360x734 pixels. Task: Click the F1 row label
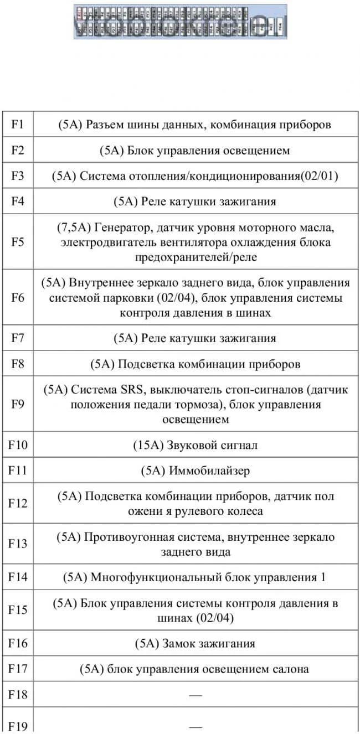click(x=17, y=125)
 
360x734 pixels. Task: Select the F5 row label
click(x=17, y=242)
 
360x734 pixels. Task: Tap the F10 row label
click(x=17, y=445)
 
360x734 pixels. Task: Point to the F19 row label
click(x=17, y=726)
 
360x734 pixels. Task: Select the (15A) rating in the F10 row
click(x=146, y=445)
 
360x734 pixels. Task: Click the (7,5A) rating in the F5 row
click(x=74, y=228)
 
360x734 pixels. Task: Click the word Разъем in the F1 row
click(x=104, y=125)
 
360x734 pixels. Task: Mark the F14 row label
click(x=17, y=577)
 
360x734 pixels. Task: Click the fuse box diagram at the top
click(x=181, y=22)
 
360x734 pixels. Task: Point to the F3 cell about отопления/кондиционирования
click(x=194, y=176)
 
